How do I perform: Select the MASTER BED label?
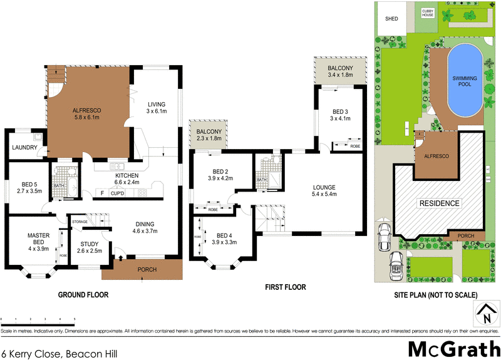point(38,239)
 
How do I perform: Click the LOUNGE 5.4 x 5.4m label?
point(325,190)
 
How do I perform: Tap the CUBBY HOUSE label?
point(427,13)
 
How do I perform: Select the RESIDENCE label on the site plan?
point(439,203)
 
